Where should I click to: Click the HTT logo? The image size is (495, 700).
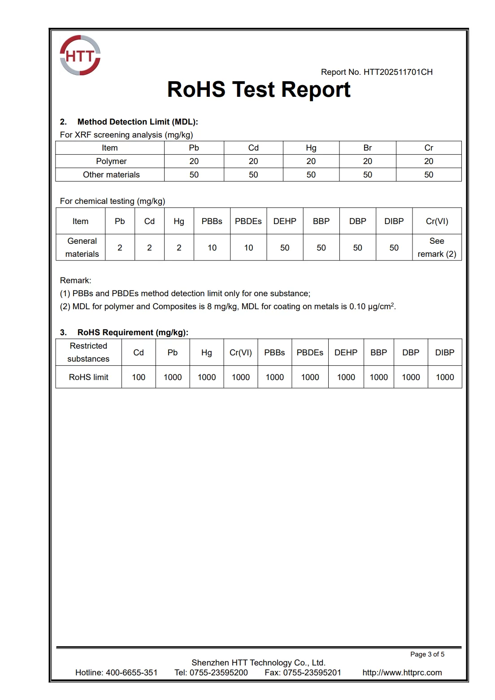tap(80, 56)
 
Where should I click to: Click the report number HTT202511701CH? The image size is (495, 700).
tap(398, 72)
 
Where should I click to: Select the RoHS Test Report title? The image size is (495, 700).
tap(259, 90)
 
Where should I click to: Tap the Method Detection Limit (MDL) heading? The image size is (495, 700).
tap(137, 122)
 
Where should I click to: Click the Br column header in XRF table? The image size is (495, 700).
tap(368, 148)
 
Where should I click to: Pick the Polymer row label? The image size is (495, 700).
tap(111, 161)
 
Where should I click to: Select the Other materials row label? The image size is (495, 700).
tap(111, 175)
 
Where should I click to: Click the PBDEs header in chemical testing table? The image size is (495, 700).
tap(248, 221)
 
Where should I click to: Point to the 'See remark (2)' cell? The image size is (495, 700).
tap(437, 247)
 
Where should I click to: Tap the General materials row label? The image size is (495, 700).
tap(82, 247)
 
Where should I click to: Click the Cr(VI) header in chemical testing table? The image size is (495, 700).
tap(437, 221)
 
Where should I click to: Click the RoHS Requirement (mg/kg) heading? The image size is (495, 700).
tap(133, 333)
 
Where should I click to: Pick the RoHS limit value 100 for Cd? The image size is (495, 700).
tap(139, 377)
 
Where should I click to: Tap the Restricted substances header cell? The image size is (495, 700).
tap(88, 352)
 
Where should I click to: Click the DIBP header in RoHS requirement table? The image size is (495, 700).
tap(445, 353)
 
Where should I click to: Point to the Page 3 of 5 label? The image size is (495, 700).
tap(427, 654)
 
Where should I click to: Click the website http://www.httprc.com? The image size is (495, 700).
tap(402, 673)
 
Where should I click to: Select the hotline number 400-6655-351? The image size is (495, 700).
tap(132, 673)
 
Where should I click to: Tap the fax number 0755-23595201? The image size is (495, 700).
tap(312, 673)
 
